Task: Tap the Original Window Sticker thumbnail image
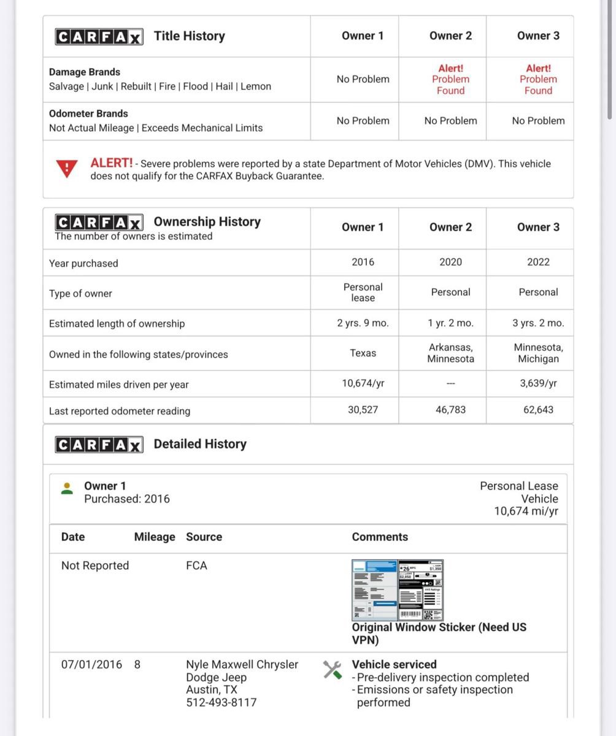(398, 589)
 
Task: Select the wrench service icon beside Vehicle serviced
(332, 670)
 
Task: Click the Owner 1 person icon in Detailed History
(67, 488)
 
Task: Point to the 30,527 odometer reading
(363, 410)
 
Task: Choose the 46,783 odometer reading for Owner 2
(450, 410)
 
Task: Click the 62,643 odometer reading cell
(538, 410)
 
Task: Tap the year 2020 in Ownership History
(450, 262)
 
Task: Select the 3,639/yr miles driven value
(538, 383)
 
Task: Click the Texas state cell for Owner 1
(363, 353)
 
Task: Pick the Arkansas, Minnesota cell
(450, 353)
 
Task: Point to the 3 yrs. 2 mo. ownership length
(538, 323)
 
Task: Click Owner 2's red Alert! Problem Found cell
(450, 79)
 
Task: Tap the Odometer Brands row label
(88, 113)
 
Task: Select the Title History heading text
(189, 36)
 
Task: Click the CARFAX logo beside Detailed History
(99, 444)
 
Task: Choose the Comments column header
(380, 537)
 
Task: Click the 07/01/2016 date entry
(91, 664)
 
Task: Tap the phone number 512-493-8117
(221, 702)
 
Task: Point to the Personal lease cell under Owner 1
(363, 292)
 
